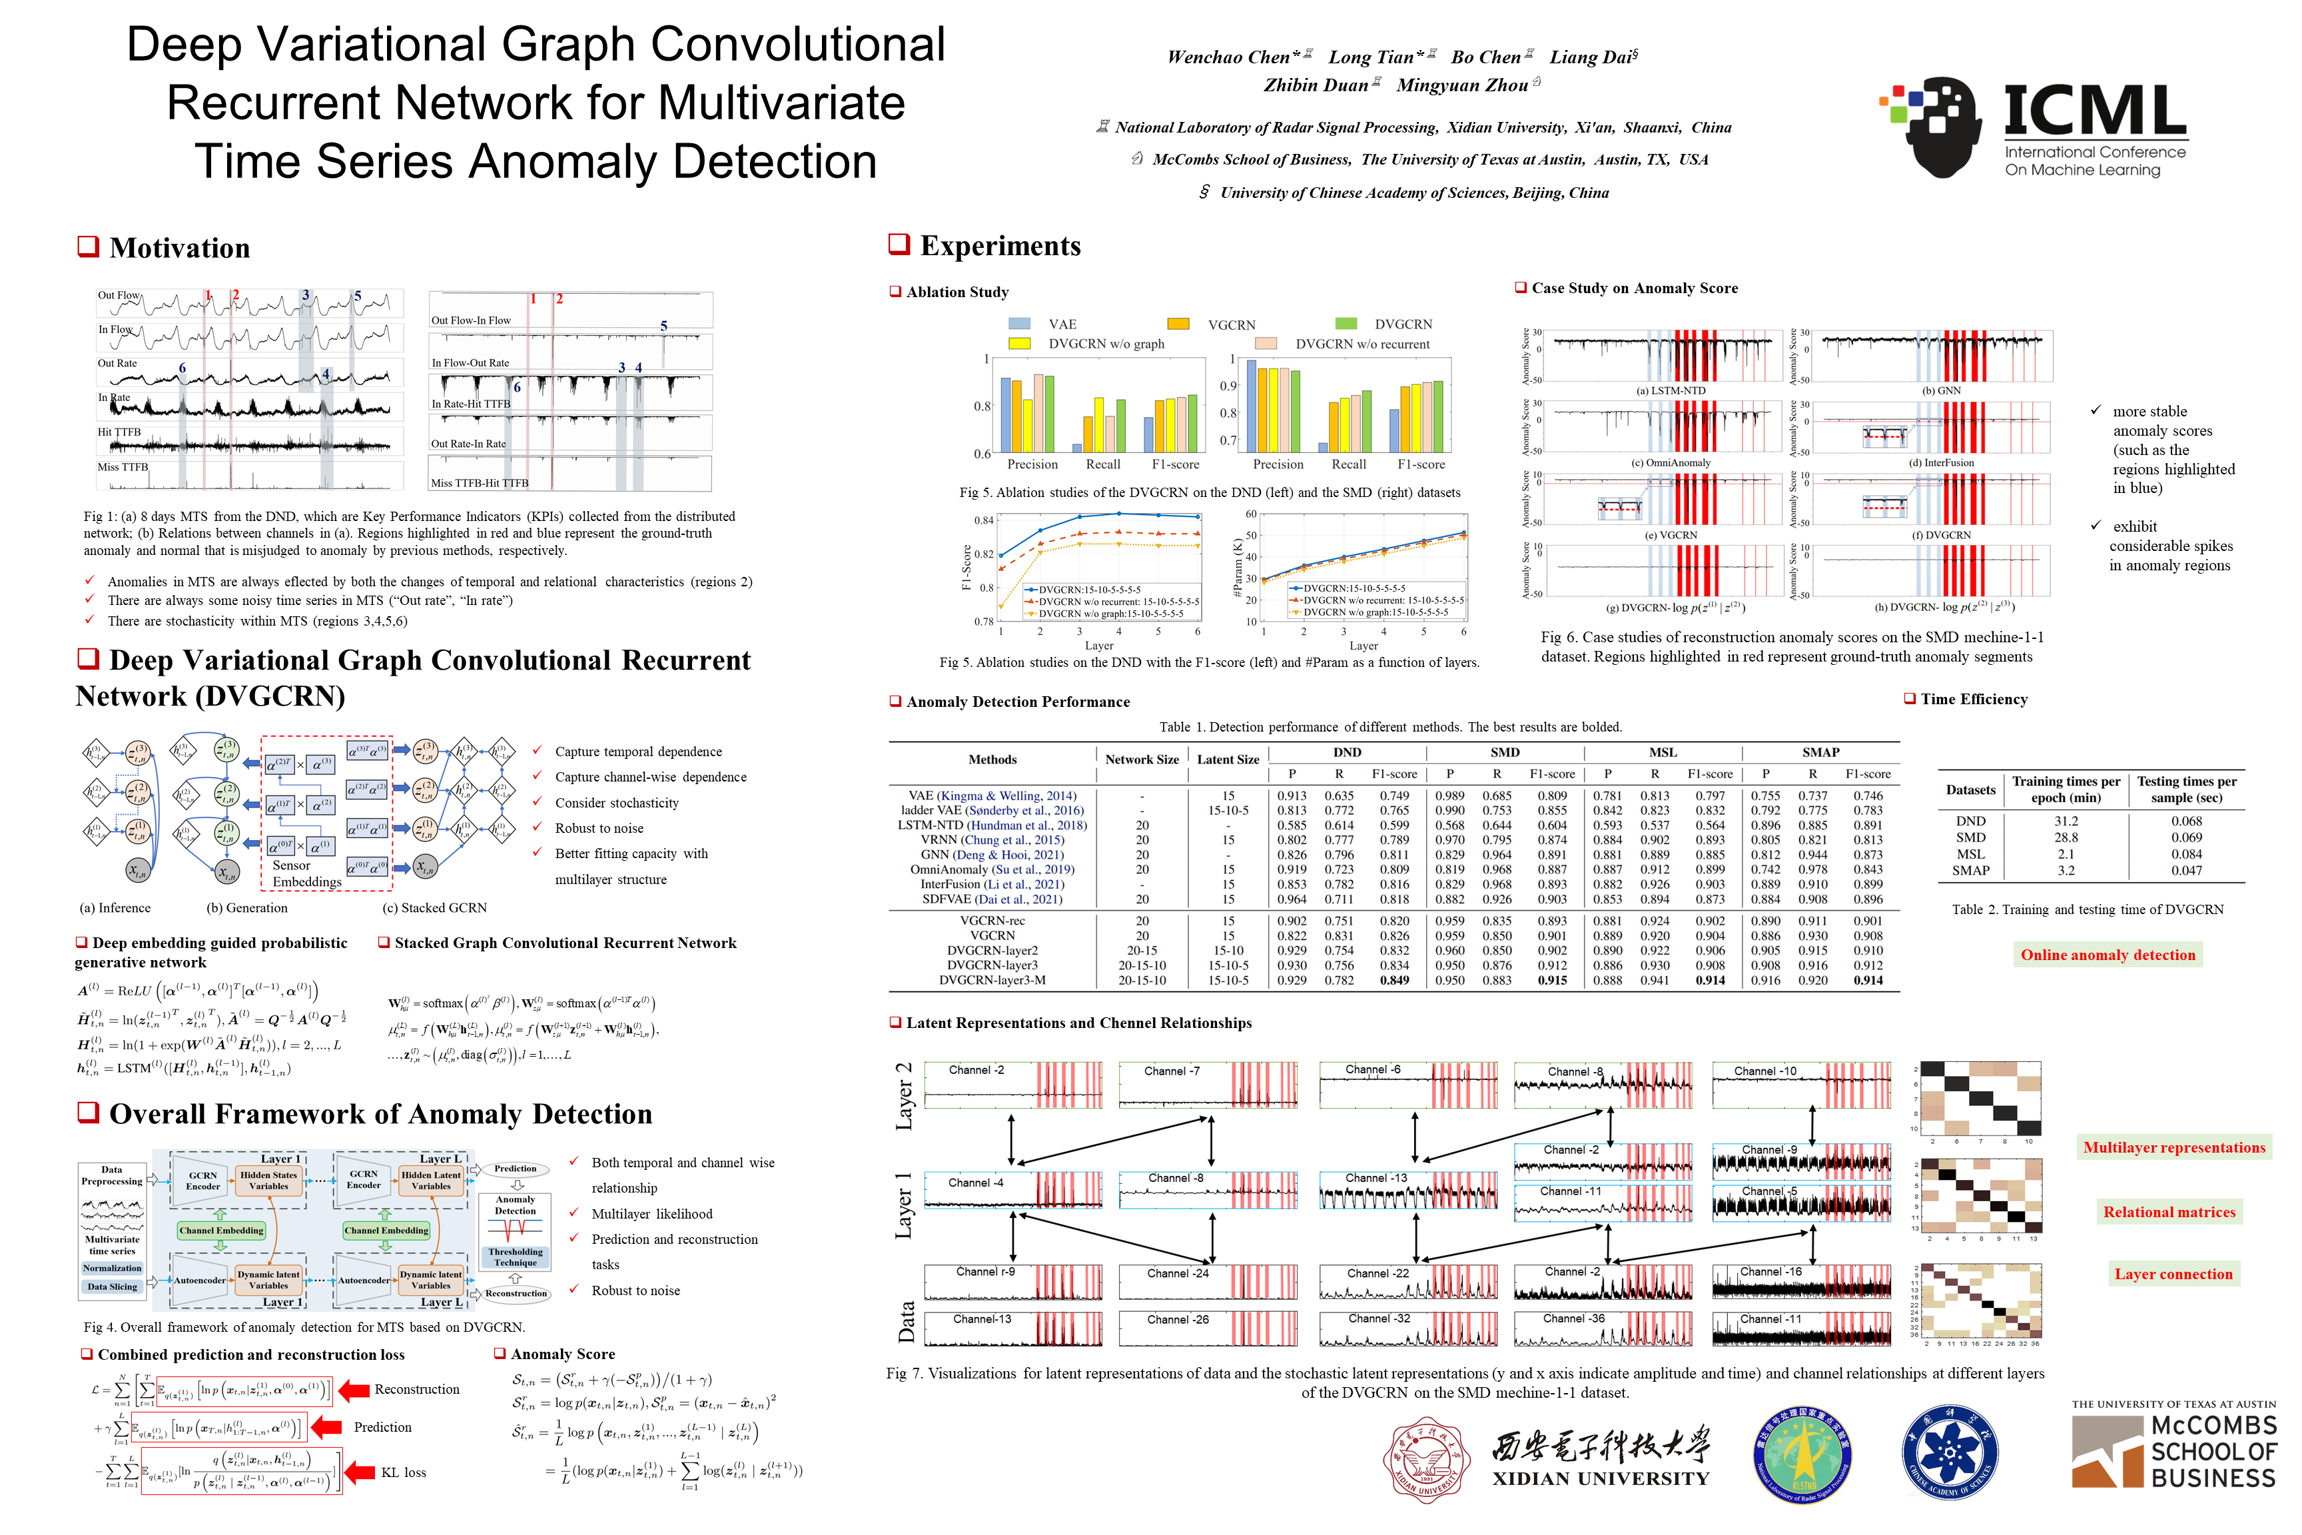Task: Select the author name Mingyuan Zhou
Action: [1461, 85]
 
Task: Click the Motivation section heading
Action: [179, 248]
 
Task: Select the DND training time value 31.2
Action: [2066, 821]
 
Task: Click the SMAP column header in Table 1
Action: [1820, 752]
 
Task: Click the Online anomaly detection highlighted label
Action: [2108, 955]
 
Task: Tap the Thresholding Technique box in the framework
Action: [516, 1257]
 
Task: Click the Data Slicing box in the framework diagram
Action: [113, 1286]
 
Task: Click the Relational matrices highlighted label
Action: [2169, 1212]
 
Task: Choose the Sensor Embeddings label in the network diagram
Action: [306, 873]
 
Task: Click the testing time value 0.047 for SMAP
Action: [2187, 870]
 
